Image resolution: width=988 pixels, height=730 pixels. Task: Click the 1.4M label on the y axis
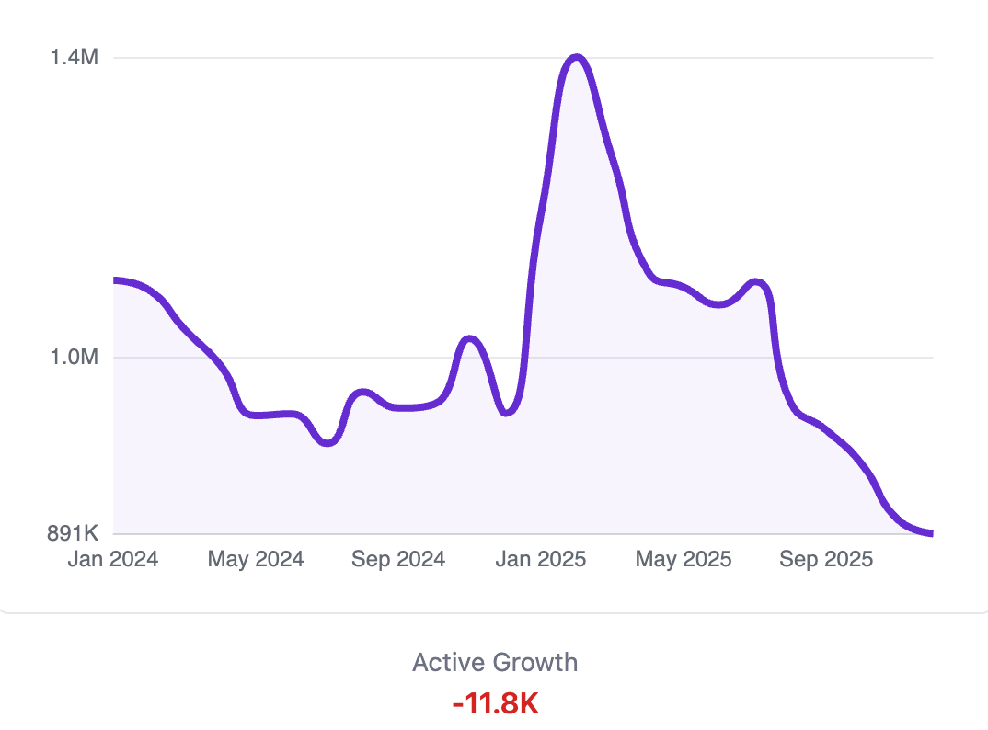click(74, 58)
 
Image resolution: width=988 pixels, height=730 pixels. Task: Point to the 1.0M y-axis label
click(74, 357)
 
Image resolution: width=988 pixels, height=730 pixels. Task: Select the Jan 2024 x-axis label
click(113, 559)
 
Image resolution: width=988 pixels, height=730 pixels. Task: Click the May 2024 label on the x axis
click(256, 559)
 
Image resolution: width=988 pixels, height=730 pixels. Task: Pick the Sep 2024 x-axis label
click(398, 559)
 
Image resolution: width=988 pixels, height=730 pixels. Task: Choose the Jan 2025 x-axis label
click(541, 559)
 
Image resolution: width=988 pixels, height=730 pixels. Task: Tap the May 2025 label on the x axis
click(684, 559)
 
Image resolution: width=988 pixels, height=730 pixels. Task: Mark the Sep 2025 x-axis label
click(826, 559)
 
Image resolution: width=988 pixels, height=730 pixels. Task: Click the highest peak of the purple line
click(577, 58)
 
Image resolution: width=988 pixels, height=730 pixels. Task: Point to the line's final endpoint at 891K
click(932, 533)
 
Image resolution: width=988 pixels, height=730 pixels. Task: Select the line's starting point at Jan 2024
click(114, 279)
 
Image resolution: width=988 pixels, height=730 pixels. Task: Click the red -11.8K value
click(495, 704)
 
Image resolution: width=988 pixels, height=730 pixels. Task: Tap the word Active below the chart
click(450, 662)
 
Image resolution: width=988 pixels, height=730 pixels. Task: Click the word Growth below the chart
click(536, 662)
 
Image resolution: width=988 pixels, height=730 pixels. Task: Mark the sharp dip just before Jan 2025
click(506, 413)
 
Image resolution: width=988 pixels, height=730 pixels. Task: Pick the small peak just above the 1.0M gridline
click(469, 339)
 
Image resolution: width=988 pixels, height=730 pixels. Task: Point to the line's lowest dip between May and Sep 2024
click(328, 443)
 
